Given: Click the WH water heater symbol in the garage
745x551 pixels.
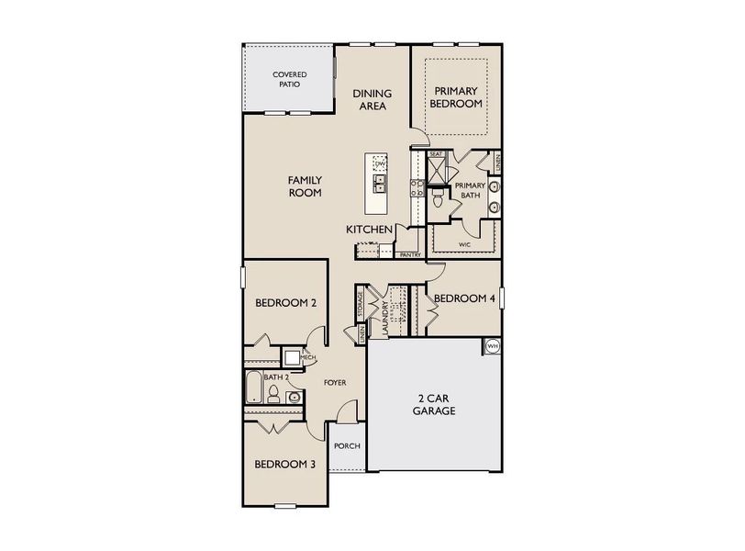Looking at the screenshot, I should [x=492, y=346].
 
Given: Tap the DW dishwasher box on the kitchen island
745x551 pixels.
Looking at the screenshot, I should [x=379, y=163].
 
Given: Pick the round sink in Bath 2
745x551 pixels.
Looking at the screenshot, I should [x=293, y=398].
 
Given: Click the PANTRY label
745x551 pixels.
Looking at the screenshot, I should [x=410, y=254].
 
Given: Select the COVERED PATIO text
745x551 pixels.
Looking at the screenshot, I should [x=290, y=79].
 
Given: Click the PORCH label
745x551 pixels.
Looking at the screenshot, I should [x=347, y=446].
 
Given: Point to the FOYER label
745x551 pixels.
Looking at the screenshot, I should [x=334, y=382].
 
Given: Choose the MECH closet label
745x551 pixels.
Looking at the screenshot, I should [x=308, y=357].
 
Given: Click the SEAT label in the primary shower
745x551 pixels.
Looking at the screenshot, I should [x=437, y=154].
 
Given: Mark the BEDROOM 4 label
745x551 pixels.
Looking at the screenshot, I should [x=464, y=298].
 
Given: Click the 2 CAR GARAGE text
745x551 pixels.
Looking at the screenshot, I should [x=435, y=404].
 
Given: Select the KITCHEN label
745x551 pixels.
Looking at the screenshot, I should [x=370, y=229].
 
